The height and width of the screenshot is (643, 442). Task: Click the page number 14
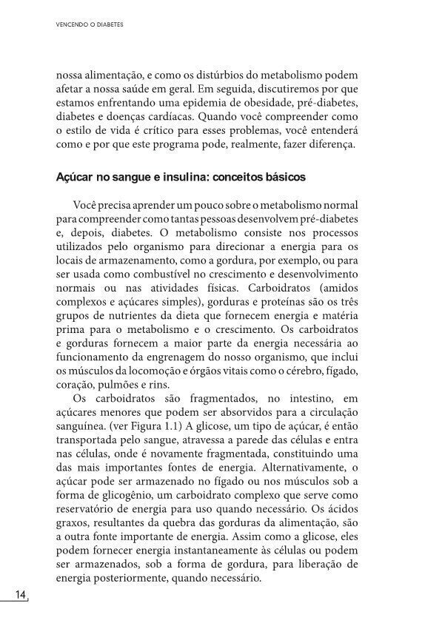coord(19,596)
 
